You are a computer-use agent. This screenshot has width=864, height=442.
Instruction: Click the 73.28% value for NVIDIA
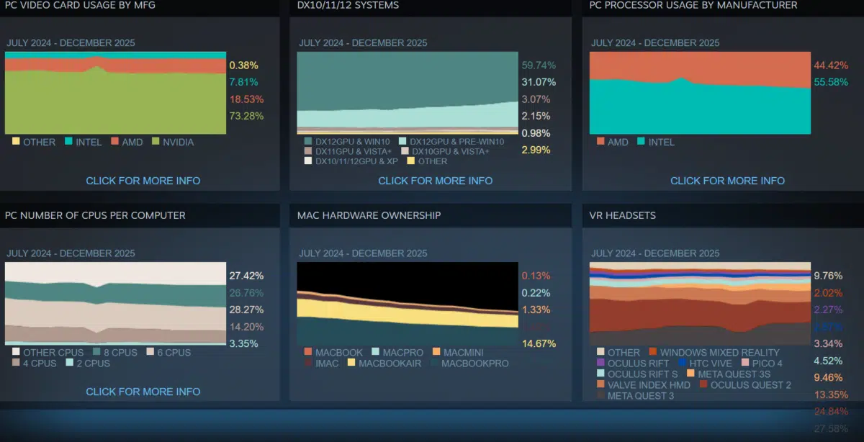pos(246,116)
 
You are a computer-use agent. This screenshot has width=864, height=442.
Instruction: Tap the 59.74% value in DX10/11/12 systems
pos(539,65)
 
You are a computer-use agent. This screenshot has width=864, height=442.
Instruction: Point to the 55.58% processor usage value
pos(831,82)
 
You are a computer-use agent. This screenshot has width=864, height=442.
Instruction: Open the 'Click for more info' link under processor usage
pos(727,181)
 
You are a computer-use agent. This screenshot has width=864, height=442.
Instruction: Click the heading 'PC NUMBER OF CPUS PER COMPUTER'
pos(95,215)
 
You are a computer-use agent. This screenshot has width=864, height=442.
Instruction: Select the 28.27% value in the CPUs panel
pos(246,310)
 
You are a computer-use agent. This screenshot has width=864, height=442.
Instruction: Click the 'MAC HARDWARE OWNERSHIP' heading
pos(369,215)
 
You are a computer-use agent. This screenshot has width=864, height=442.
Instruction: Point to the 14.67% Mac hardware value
pos(539,343)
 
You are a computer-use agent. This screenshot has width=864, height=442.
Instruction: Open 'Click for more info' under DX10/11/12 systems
pos(435,181)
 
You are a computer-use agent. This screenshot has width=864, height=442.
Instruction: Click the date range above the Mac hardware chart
pos(363,253)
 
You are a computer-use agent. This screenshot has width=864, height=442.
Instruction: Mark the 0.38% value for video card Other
pos(243,65)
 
